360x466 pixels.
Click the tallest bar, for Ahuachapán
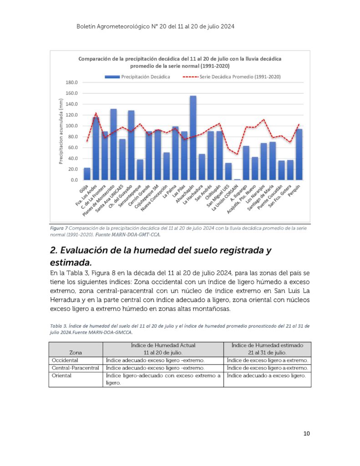click(193, 138)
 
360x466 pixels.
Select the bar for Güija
click(87, 174)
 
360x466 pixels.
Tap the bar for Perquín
click(299, 155)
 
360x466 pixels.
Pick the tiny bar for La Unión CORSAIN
click(237, 179)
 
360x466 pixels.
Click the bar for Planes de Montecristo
click(113, 144)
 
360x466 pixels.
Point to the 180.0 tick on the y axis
click(71, 82)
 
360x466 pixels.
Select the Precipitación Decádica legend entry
click(137, 76)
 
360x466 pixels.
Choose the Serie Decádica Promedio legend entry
click(232, 76)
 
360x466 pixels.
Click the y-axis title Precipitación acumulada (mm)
click(61, 132)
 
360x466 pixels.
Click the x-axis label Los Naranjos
click(256, 194)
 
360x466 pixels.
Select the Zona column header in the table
click(76, 353)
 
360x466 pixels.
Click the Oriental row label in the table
click(61, 375)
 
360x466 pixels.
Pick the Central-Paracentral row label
click(75, 368)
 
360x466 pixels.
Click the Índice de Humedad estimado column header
click(267, 345)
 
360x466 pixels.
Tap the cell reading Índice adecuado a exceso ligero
click(266, 375)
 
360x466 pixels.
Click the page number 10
click(306, 434)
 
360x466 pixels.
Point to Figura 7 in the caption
click(59, 228)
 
